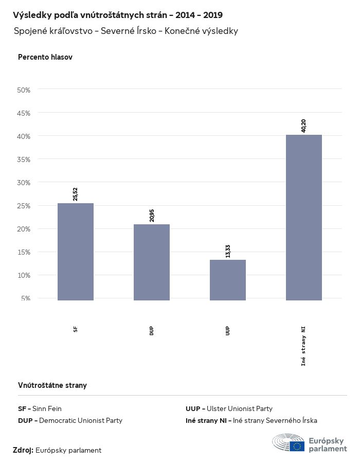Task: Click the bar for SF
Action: tap(76, 252)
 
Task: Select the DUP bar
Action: tap(152, 262)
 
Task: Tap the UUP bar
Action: tap(228, 280)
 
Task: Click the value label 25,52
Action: tap(76, 193)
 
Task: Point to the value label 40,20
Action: tap(304, 125)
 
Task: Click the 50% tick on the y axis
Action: tap(24, 90)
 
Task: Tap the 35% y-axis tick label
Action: tap(24, 159)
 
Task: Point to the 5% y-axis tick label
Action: tap(26, 298)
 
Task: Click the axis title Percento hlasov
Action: tap(45, 57)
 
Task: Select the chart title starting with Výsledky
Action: tap(118, 15)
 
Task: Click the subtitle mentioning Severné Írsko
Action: tap(126, 31)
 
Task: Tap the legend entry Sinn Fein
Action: tap(40, 408)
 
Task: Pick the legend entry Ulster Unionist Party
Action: tap(229, 408)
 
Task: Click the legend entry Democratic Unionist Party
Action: tap(70, 420)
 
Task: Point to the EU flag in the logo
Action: tap(297, 446)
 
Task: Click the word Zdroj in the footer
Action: tap(23, 450)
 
